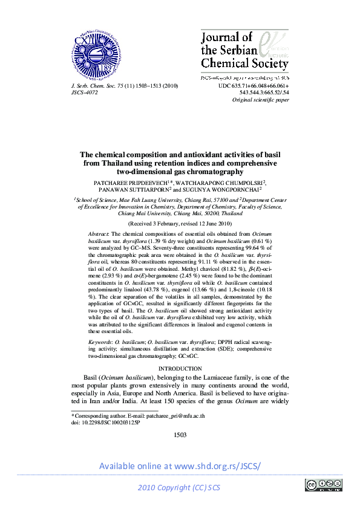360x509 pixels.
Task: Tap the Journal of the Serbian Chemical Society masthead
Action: point(244,51)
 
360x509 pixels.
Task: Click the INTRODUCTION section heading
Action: point(180,368)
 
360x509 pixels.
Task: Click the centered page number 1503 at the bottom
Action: point(180,435)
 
